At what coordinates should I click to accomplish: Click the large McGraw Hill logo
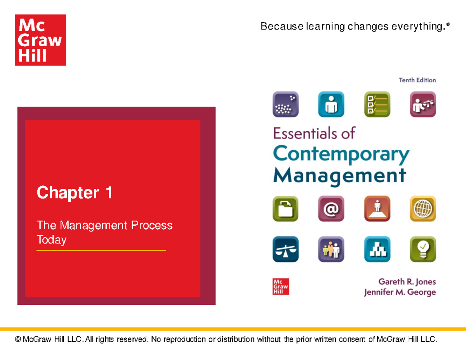pos(40,40)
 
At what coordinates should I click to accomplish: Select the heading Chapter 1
pos(75,193)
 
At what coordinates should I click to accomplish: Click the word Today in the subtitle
pos(51,240)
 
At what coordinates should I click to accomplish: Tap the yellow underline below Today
pos(101,251)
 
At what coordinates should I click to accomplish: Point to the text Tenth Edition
pos(417,80)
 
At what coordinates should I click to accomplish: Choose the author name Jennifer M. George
pos(400,292)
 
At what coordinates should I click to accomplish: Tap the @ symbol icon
pos(331,209)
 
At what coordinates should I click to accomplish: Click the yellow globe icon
pos(423,209)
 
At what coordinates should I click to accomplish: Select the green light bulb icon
pos(423,249)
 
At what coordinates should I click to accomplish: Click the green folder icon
pos(285,209)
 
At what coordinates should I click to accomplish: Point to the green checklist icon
pos(377,104)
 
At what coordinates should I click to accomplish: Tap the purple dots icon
pos(285,104)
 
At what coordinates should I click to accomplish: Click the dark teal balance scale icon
pos(285,249)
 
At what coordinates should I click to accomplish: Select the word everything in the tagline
pos(425,26)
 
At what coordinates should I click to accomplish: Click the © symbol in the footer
pos(17,339)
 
